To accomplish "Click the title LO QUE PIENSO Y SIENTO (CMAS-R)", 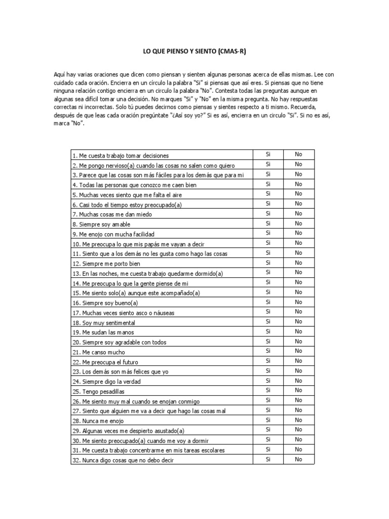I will tap(194, 52).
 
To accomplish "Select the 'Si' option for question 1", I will tap(268, 154).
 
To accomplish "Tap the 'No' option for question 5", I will tap(298, 194).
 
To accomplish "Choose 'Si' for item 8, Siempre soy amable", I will tap(268, 223).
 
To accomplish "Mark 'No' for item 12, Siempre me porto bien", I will tap(298, 263).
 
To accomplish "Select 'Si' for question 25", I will tap(268, 390).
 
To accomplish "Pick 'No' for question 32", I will tap(298, 459).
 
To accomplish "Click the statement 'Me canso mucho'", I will tap(99, 352).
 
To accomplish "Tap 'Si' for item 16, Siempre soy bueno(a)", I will tap(268, 302).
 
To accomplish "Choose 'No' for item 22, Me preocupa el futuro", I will tap(298, 361).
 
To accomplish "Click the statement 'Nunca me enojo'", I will tap(98, 421).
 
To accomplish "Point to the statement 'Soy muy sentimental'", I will tap(104, 323).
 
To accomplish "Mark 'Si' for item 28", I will tap(268, 420).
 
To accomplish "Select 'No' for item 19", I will tap(298, 331).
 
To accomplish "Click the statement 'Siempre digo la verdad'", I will tap(107, 382).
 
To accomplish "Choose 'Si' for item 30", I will tap(268, 439).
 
